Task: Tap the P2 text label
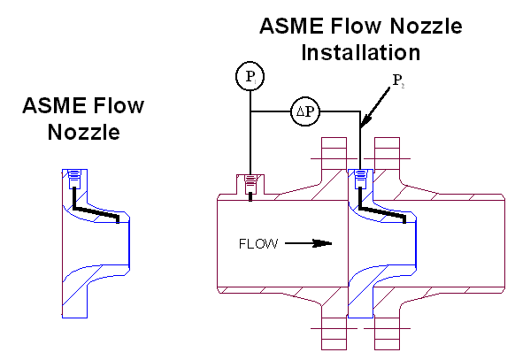(x=398, y=80)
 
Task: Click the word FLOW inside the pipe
(x=258, y=244)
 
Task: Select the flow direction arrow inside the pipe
(x=309, y=243)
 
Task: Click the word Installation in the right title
(x=361, y=52)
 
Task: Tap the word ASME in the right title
(x=292, y=26)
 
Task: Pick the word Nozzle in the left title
(x=84, y=132)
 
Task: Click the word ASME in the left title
(x=55, y=105)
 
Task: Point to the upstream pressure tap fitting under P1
(x=250, y=184)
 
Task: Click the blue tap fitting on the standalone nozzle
(x=74, y=180)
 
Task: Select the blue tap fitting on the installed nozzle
(x=361, y=180)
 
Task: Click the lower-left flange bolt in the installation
(x=334, y=333)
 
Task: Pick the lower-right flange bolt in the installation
(x=387, y=333)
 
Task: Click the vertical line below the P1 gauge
(x=250, y=133)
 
